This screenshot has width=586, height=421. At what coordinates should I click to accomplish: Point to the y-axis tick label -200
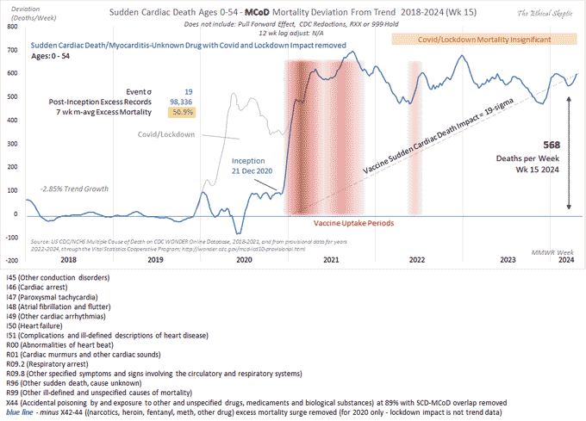[12, 260]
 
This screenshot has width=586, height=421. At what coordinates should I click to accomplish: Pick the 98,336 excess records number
[183, 101]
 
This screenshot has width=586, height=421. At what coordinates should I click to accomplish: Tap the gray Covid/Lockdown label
[166, 134]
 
